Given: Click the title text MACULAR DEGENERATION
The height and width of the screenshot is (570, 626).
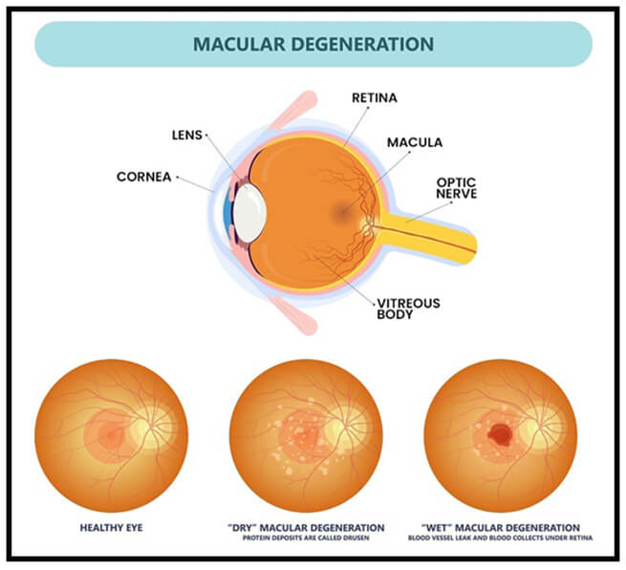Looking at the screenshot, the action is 313,44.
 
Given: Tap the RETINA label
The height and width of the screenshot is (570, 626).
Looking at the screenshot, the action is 375,98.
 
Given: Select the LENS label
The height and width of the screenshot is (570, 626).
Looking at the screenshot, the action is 186,136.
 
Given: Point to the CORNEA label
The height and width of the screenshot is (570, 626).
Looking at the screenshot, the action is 143,177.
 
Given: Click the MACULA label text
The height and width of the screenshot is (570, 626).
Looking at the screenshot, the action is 415,142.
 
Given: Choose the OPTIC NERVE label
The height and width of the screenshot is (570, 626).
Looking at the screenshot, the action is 456,188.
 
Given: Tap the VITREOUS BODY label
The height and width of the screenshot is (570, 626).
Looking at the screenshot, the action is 408,308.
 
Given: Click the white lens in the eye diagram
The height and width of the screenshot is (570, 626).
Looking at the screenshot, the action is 249,213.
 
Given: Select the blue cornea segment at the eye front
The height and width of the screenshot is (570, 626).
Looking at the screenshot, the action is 227,212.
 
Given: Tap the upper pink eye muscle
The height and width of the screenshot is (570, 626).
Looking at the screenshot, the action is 293,109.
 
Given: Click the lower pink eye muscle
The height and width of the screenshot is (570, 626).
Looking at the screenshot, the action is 294,315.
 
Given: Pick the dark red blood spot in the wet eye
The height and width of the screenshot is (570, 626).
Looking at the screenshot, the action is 500,434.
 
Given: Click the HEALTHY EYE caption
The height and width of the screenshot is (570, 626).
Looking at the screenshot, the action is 112,528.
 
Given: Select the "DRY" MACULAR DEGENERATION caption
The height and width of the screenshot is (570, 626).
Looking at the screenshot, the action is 306,528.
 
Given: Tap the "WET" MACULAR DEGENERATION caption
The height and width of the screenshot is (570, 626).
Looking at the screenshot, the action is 501,528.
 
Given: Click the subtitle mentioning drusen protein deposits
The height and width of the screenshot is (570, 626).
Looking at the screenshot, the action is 306,538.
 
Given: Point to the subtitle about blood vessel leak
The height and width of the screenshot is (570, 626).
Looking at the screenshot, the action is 500,538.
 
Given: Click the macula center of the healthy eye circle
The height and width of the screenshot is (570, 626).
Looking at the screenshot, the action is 112,435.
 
